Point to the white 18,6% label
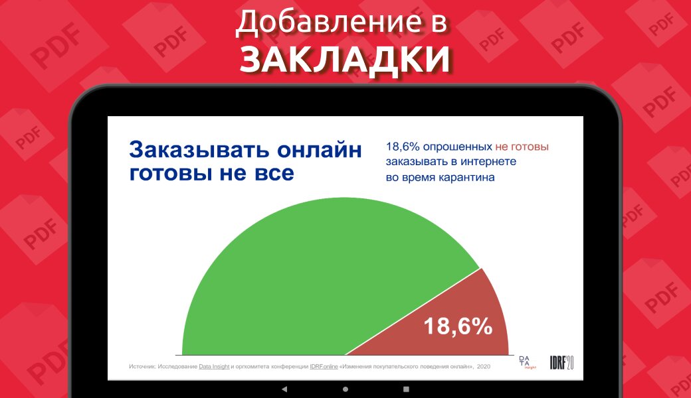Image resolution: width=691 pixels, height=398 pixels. coord(458,326)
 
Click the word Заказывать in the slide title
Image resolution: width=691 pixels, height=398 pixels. coord(199,150)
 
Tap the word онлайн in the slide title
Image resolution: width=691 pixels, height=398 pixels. coord(320,150)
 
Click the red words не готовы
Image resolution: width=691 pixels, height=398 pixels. coord(522,147)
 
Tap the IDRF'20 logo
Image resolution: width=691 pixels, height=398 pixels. coord(561,362)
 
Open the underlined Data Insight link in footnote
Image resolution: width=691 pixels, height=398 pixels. coord(214,366)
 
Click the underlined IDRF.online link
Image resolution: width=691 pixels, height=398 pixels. coord(324,366)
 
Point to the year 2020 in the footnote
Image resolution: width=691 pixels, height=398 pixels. coord(484,366)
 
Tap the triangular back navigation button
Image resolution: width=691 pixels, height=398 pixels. coord(284,389)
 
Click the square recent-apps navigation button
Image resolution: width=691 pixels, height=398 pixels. coord(407,389)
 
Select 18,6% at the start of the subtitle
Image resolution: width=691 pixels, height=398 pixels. coord(403,147)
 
